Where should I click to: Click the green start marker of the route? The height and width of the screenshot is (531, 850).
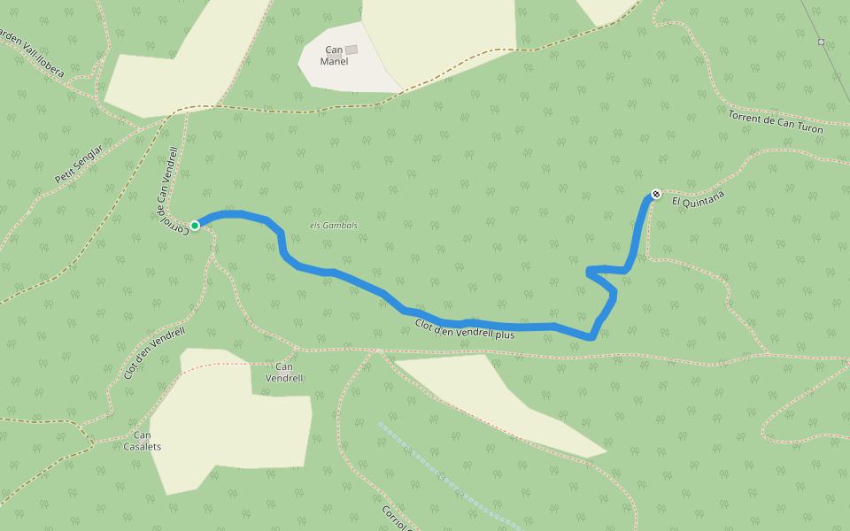[195, 225]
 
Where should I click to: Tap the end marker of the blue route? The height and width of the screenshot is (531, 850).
[656, 194]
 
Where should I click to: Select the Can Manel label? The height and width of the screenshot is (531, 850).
[335, 56]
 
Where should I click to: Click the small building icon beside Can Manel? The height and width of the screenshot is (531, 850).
[352, 50]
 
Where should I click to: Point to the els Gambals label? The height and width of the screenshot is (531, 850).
[334, 226]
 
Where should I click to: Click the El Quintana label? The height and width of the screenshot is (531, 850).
[698, 202]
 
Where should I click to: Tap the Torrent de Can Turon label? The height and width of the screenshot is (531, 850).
[775, 123]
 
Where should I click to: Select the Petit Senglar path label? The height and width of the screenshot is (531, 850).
[79, 164]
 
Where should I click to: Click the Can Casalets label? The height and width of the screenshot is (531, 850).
[142, 440]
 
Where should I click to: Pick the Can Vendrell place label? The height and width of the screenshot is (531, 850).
[284, 372]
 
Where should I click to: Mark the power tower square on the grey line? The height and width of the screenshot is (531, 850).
[821, 42]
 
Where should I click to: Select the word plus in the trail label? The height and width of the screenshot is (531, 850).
[505, 335]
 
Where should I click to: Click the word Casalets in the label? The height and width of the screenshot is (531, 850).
[142, 446]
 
